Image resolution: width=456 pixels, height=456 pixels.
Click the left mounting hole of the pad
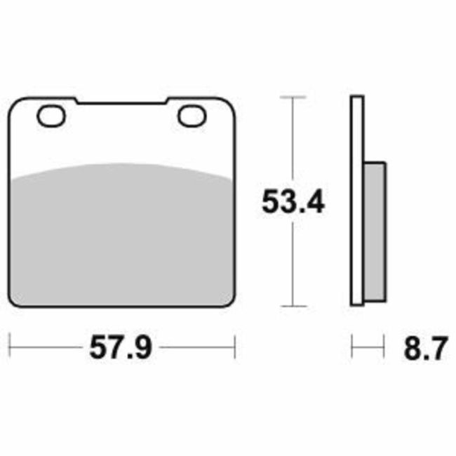(51, 116)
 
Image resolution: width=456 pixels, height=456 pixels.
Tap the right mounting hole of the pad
(190, 116)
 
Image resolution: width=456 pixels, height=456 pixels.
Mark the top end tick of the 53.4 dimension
(293, 97)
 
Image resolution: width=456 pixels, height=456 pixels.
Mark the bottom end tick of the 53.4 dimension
(293, 306)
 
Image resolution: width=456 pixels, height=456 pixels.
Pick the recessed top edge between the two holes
(121, 105)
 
